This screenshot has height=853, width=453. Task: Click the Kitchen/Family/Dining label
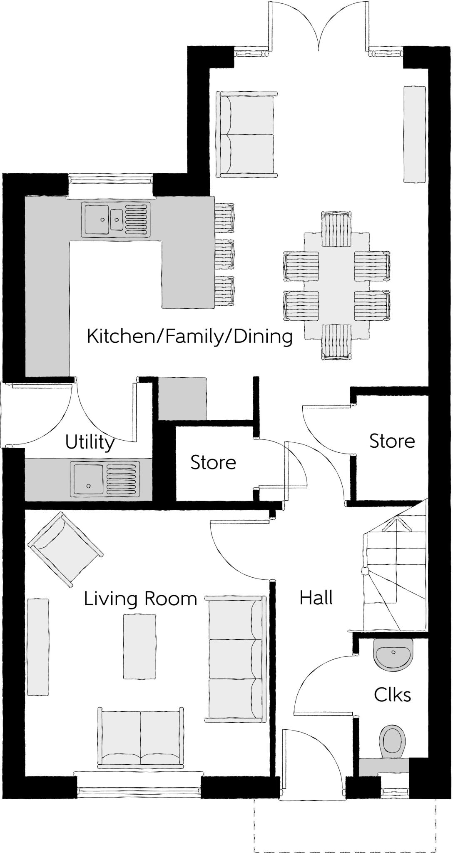click(x=189, y=336)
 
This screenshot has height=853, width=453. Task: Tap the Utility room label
click(x=90, y=442)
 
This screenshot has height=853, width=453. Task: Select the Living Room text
click(x=140, y=599)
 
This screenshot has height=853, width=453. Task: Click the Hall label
click(x=316, y=598)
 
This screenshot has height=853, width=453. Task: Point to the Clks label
click(x=392, y=695)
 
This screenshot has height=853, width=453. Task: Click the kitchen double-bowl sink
click(x=115, y=219)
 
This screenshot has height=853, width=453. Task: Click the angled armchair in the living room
click(x=65, y=549)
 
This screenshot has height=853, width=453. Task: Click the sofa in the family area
click(x=246, y=135)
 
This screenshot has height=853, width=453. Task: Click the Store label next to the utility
click(x=213, y=463)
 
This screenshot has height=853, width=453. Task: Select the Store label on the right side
click(x=392, y=441)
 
